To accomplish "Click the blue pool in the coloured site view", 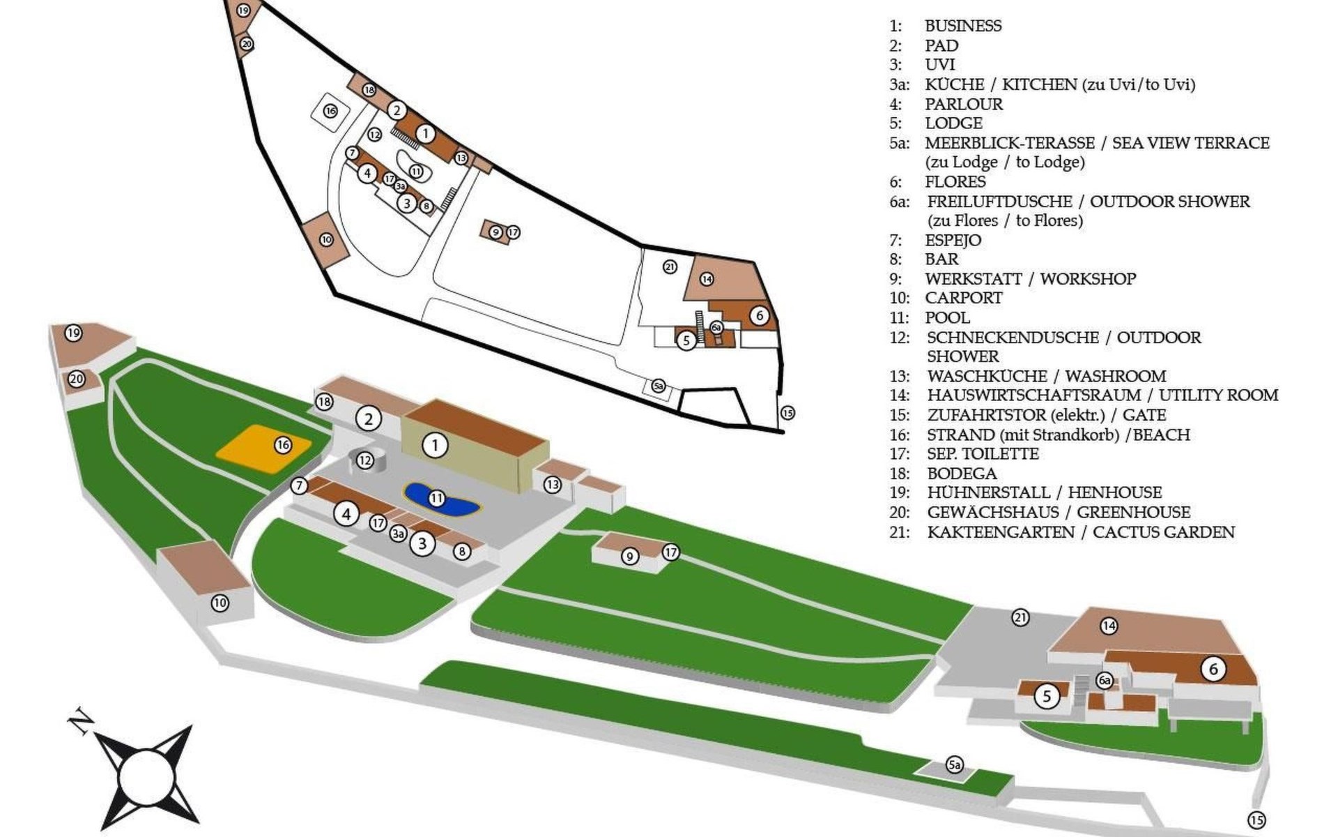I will (x=442, y=500).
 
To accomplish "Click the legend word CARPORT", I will (x=964, y=298).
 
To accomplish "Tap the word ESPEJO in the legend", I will (x=953, y=240).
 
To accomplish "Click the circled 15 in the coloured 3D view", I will (x=1256, y=820).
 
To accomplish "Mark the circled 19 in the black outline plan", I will (x=243, y=10).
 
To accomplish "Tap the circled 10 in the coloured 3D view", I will (x=220, y=603).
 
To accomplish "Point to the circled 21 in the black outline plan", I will (x=670, y=266).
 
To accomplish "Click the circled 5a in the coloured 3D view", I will (x=954, y=765).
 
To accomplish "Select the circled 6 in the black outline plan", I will (x=760, y=315).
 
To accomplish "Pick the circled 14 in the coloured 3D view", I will (x=1109, y=626).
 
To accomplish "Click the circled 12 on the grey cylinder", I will (x=365, y=460).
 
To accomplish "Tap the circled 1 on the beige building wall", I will (x=436, y=445).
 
